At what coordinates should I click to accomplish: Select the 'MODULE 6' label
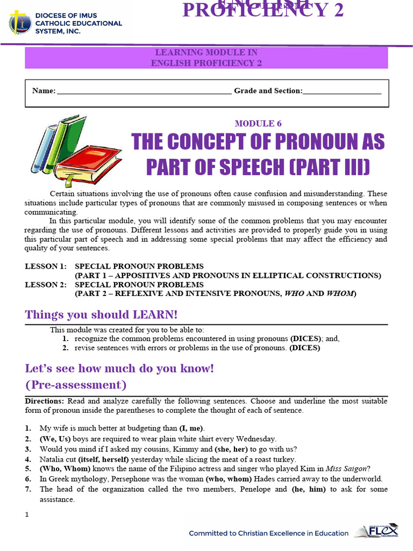click(258, 124)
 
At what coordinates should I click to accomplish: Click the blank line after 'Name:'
click(144, 91)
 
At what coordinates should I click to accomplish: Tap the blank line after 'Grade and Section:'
click(342, 91)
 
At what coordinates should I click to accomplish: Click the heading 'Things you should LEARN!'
click(101, 314)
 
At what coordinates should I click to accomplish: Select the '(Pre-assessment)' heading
click(76, 385)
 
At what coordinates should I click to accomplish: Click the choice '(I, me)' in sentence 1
click(191, 428)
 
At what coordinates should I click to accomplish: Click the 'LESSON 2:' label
click(46, 285)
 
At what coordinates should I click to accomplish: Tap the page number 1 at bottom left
click(27, 515)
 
